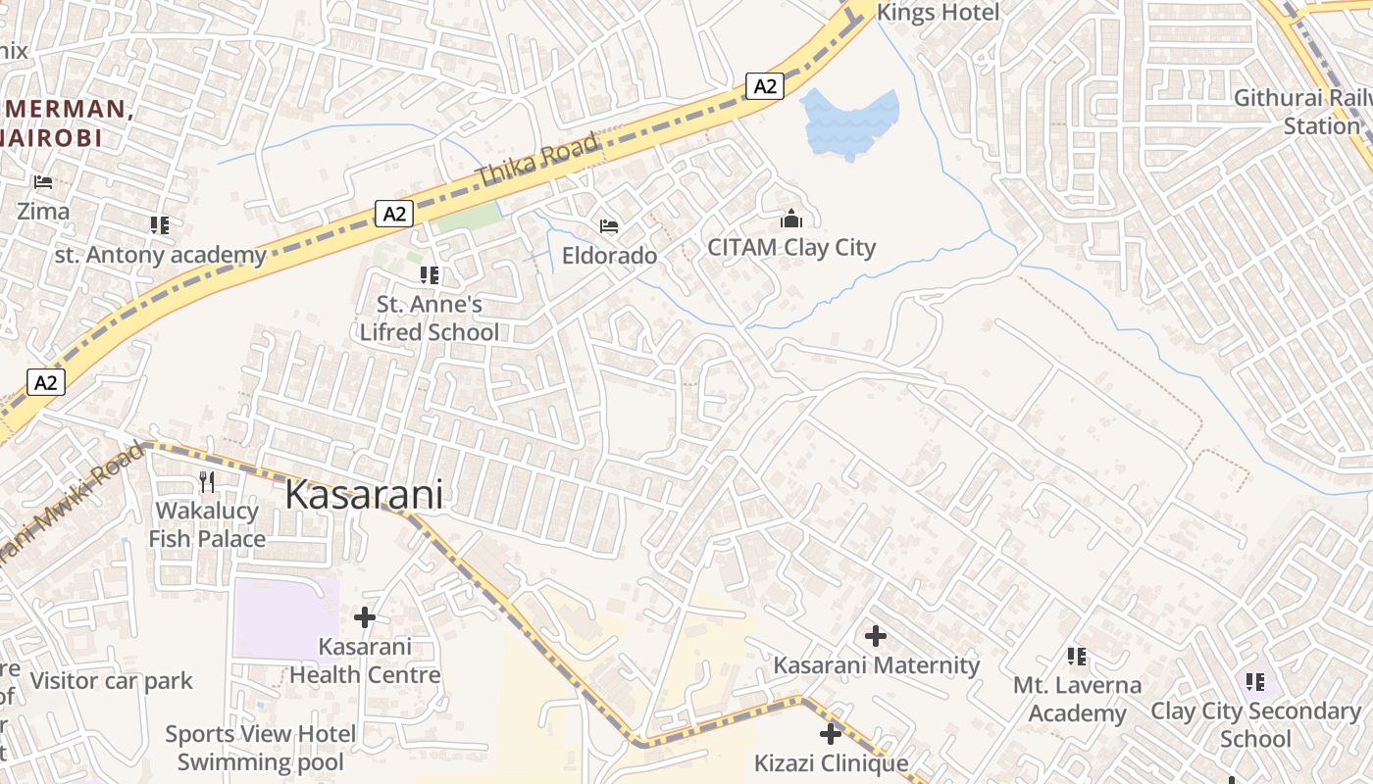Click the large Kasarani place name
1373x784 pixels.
click(363, 495)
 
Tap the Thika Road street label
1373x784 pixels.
click(537, 161)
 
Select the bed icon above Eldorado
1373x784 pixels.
click(609, 227)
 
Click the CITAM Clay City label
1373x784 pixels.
click(791, 248)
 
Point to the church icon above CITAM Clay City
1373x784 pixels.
click(791, 219)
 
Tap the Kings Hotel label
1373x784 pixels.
click(938, 13)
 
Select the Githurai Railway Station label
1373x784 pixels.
click(1302, 112)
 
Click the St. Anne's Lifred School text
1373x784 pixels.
click(430, 318)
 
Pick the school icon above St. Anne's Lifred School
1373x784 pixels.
click(430, 275)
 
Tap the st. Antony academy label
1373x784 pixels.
click(160, 256)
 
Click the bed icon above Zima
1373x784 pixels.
click(43, 182)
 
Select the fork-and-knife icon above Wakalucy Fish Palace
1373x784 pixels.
click(207, 481)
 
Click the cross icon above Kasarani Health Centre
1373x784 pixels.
click(365, 617)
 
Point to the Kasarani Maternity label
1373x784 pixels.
click(876, 665)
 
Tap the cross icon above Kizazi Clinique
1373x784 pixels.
click(831, 733)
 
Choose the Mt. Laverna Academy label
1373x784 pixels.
click(1077, 699)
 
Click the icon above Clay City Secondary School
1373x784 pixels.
click(1255, 681)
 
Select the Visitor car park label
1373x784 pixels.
click(112, 681)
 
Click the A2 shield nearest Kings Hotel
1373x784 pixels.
click(765, 86)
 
